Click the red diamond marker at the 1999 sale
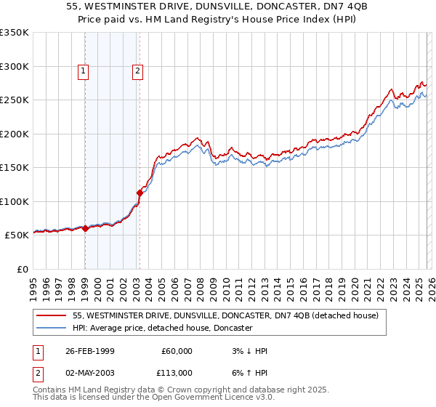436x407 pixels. click(85, 228)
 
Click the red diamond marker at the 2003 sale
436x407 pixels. click(140, 193)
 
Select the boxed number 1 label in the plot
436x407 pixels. click(84, 71)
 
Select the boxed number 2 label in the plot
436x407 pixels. click(137, 71)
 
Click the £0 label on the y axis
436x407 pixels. click(22, 269)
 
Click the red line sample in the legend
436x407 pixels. click(52, 316)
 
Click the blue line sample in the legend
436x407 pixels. click(52, 329)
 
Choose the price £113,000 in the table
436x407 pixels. click(174, 372)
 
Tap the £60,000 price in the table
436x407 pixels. click(177, 351)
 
